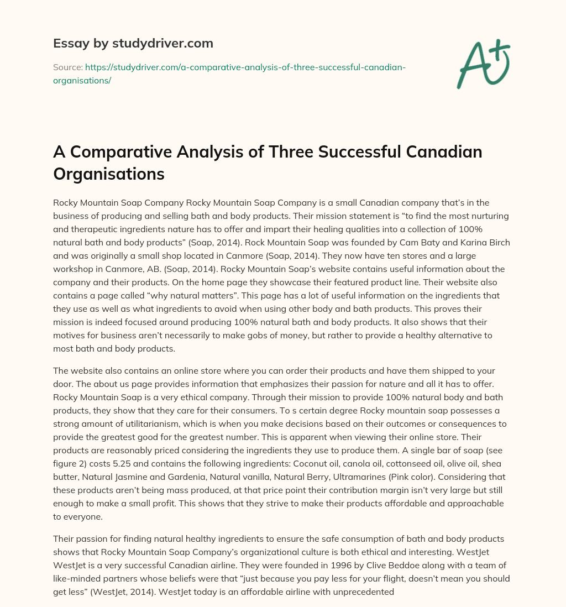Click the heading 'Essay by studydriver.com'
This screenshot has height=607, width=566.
[133, 43]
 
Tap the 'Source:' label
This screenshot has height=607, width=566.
[67, 67]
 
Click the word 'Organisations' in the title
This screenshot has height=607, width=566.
[109, 174]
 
